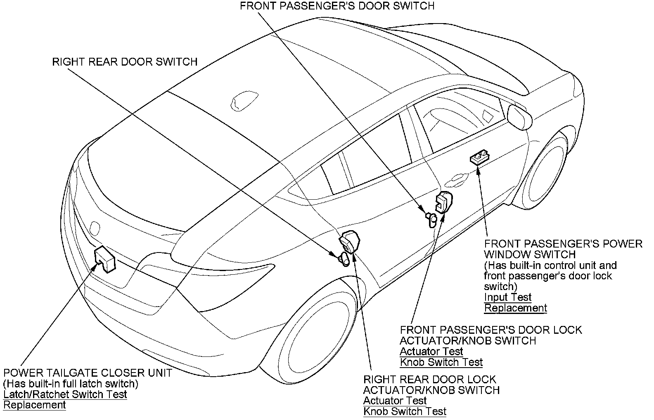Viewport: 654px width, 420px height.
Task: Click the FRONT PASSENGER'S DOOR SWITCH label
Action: click(337, 6)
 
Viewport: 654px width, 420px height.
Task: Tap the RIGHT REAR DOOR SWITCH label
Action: click(125, 62)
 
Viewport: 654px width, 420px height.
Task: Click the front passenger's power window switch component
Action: click(479, 158)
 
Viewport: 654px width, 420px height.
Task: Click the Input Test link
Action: click(507, 297)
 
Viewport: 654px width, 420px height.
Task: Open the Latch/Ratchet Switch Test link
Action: click(65, 394)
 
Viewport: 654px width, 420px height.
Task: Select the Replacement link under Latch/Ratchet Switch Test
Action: click(34, 405)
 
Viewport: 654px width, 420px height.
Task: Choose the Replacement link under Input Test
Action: click(515, 308)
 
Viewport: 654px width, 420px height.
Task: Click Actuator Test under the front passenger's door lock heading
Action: click(431, 352)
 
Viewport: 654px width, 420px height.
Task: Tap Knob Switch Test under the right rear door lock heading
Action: click(405, 411)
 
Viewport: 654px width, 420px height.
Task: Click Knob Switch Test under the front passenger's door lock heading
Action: click(441, 362)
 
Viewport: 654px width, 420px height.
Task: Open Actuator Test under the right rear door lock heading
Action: click(395, 401)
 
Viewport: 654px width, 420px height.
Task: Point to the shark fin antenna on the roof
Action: click(244, 101)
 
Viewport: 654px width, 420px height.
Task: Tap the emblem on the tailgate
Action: click(95, 227)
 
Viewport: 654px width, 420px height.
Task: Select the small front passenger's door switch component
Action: click(431, 219)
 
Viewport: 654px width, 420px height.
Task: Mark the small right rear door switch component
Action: click(344, 259)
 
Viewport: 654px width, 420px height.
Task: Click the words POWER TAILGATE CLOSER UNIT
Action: click(88, 373)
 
